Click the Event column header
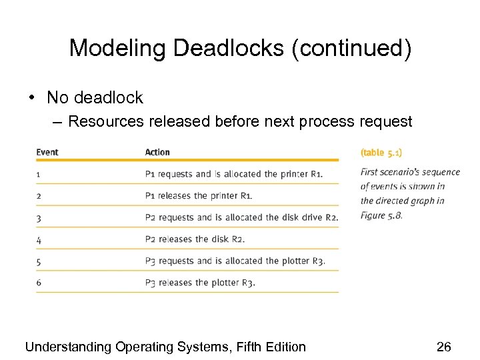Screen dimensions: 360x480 pyautogui.click(x=47, y=152)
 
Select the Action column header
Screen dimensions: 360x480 pyautogui.click(x=157, y=152)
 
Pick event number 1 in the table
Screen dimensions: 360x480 pyautogui.click(x=39, y=174)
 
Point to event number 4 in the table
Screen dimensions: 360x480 pyautogui.click(x=39, y=239)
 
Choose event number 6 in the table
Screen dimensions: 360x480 pyautogui.click(x=39, y=283)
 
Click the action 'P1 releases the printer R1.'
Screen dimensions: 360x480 pyautogui.click(x=199, y=196)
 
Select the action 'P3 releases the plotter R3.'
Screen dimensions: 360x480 pyautogui.click(x=200, y=283)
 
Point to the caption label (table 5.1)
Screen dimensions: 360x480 pyautogui.click(x=381, y=153)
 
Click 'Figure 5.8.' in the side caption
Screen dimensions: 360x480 pyautogui.click(x=381, y=215)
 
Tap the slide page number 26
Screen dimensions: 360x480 pyautogui.click(x=444, y=347)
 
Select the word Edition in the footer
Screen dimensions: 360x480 pyautogui.click(x=283, y=347)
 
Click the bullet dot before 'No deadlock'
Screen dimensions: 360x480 pyautogui.click(x=32, y=98)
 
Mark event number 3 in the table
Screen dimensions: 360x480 pyautogui.click(x=39, y=217)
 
